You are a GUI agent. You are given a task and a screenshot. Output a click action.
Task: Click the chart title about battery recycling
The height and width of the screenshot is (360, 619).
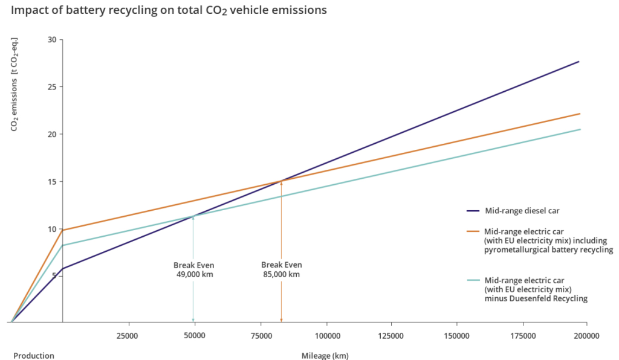[169, 10]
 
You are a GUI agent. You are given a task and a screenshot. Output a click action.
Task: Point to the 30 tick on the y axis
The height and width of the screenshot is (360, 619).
[52, 40]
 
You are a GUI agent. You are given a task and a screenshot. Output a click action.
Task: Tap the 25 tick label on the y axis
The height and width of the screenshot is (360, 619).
[52, 87]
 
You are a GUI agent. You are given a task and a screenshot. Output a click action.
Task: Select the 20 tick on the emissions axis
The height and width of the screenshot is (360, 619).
[52, 134]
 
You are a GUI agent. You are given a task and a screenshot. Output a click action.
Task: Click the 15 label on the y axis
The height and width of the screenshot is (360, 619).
[52, 182]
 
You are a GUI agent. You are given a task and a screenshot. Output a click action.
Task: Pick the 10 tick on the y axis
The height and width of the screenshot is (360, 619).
[52, 229]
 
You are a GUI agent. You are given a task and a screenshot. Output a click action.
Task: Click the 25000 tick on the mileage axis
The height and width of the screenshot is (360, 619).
[128, 336]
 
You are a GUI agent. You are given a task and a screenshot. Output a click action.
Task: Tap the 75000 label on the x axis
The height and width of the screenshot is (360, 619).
[261, 336]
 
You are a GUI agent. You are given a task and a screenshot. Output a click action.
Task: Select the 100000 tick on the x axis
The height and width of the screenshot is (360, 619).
[327, 336]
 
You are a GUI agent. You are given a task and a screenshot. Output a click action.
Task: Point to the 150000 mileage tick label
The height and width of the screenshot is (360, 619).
[457, 336]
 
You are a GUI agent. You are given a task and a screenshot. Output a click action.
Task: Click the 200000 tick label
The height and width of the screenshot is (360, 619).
[586, 336]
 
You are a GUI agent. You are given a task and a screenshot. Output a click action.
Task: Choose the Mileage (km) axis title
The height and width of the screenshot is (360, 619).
[325, 356]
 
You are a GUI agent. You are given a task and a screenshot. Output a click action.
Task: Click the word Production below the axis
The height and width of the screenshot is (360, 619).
[34, 356]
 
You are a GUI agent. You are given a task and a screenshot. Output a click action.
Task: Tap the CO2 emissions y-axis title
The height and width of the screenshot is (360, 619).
[15, 85]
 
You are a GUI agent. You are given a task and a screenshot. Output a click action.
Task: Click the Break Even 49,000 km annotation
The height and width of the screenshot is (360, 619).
[194, 270]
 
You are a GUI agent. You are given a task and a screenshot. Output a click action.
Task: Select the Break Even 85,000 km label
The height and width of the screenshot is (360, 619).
[282, 270]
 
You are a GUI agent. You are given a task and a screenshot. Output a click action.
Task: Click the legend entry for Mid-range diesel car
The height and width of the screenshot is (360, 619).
[513, 211]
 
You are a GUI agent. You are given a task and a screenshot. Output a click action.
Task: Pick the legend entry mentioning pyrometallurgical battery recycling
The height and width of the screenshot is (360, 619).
[540, 240]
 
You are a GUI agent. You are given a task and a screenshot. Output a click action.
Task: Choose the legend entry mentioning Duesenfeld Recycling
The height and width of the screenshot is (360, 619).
[527, 289]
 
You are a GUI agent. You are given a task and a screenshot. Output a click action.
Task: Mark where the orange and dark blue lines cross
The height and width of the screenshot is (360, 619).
[282, 181]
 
